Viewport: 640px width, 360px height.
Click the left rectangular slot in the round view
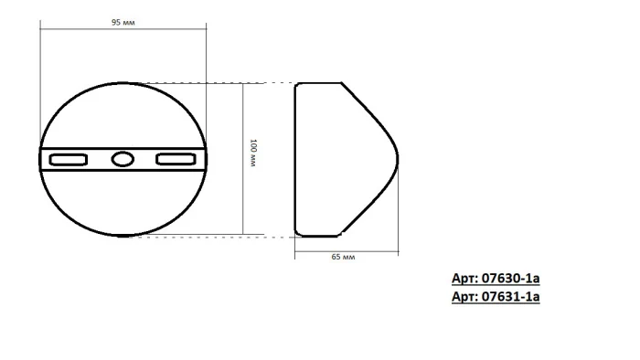pos(68,160)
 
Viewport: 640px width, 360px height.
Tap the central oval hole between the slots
pos(122,160)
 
